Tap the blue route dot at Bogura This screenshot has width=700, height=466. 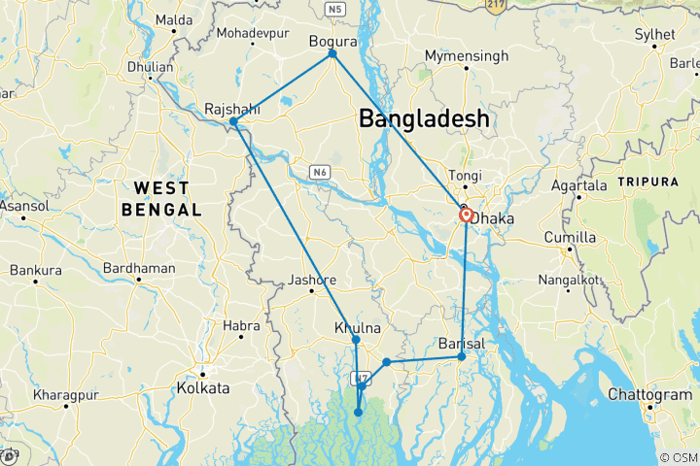click(332, 53)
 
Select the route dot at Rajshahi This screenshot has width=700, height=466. click(233, 122)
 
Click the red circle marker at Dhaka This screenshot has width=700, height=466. click(467, 215)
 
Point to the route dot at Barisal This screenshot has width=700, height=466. click(461, 357)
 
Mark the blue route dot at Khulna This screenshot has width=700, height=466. click(355, 339)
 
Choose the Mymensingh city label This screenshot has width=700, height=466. click(466, 56)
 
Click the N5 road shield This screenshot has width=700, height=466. click(336, 10)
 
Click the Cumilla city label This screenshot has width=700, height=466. click(596, 238)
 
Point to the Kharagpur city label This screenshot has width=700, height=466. click(66, 395)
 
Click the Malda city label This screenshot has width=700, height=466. click(173, 18)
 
